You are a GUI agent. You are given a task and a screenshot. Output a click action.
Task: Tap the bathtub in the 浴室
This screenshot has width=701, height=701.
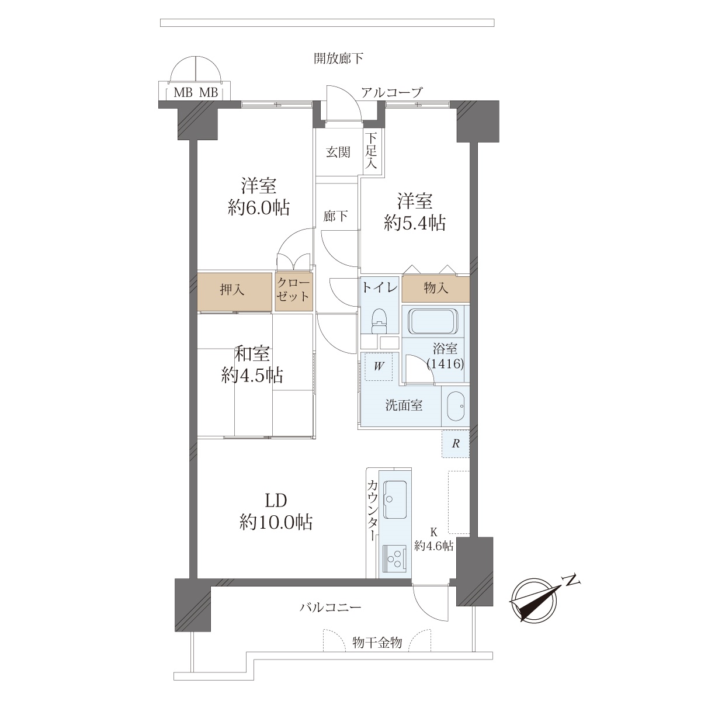[x=432, y=321]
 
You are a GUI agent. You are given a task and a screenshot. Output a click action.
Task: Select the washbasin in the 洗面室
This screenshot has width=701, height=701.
[x=456, y=407]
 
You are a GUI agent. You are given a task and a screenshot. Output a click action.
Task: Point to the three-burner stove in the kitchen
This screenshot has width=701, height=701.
[x=394, y=558]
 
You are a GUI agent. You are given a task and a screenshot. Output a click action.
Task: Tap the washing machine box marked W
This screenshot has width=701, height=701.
[x=379, y=366]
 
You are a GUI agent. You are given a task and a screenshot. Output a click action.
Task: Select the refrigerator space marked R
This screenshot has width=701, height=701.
[x=456, y=444]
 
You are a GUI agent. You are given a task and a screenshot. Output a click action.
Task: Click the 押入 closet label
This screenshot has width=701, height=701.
[x=232, y=290]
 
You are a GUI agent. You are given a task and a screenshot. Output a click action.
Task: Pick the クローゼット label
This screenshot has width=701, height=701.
[x=293, y=290]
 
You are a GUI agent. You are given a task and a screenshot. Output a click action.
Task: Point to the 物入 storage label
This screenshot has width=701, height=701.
[x=436, y=288]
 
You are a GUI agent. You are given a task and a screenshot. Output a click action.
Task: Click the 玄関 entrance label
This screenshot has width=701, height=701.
[x=338, y=152]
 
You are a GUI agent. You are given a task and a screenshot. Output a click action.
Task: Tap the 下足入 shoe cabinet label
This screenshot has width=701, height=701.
[x=371, y=151]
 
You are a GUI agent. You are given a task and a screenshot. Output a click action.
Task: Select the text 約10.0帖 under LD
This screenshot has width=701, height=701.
[x=276, y=522]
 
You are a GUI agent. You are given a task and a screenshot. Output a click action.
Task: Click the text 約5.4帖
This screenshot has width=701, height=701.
[x=415, y=223]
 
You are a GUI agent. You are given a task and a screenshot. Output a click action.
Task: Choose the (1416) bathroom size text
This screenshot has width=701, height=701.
[x=445, y=363]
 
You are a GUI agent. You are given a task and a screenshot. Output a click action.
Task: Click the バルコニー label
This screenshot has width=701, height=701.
[x=330, y=607]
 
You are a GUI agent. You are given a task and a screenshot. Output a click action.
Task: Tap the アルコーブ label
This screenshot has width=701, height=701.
[x=391, y=92]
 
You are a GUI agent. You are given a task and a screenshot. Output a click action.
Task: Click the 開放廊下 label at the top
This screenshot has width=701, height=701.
[x=339, y=58]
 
